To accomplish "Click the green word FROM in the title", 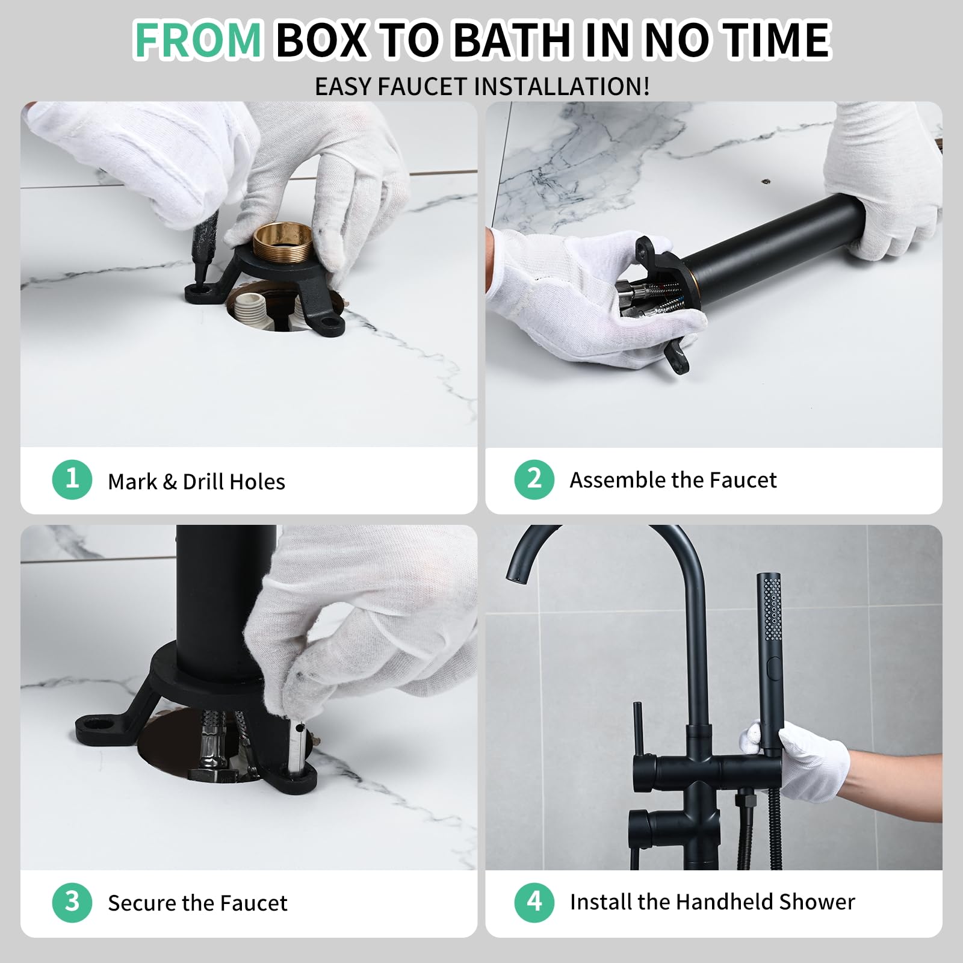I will (197, 40).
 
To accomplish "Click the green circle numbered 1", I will (72, 479).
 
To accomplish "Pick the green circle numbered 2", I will (534, 479).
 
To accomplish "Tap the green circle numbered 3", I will (72, 902).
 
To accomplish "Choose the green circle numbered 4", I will (534, 902).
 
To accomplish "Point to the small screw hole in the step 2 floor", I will (766, 180).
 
